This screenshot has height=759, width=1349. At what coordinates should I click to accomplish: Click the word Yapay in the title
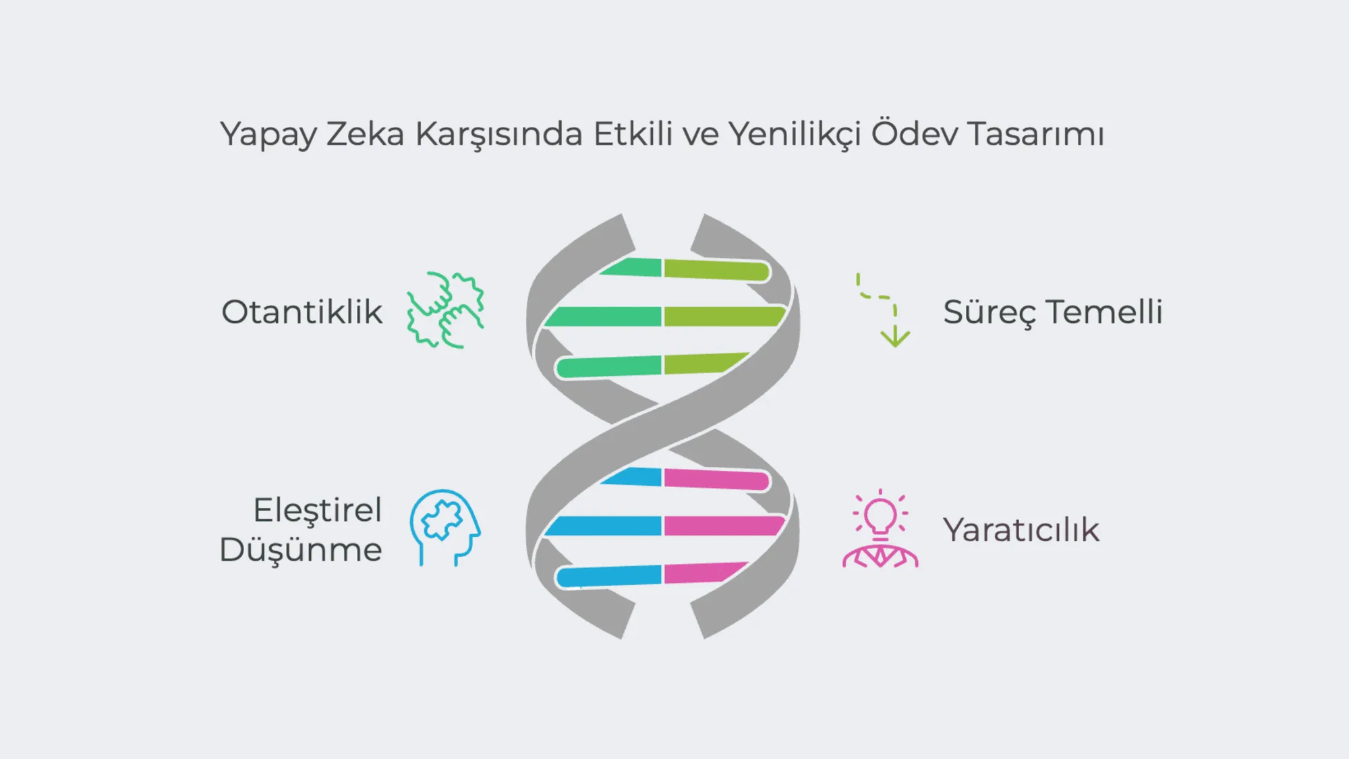pos(268,134)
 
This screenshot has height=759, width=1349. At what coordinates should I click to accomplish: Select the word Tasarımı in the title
pos(1037,133)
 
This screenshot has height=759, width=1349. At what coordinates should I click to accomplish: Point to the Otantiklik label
pos(302,312)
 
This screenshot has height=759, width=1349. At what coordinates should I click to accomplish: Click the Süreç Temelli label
pos(1053,312)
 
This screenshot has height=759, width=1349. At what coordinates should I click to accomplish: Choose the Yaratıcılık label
pos(1021,530)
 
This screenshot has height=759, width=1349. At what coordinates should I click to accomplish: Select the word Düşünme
pos(301,549)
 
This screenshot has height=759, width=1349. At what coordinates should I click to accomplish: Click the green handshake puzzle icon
pos(446,310)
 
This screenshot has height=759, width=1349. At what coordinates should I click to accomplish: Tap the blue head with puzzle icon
pos(445,528)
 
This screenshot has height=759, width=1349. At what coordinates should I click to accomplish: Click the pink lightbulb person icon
pos(880,528)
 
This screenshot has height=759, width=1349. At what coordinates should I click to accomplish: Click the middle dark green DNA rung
pos(602,316)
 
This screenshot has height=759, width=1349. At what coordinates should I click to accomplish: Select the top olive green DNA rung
pos(717,270)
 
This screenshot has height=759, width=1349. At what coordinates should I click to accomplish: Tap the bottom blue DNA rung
pos(608,575)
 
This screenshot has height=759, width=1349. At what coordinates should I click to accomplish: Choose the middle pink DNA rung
pos(724,526)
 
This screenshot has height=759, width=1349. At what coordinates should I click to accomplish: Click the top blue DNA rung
pos(631,476)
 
